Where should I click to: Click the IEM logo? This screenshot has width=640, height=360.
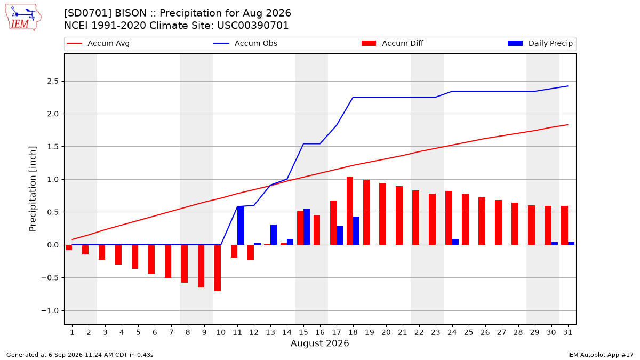coord(23,17)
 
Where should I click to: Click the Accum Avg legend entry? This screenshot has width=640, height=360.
coord(98,43)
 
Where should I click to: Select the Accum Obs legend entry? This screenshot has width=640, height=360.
coord(245,43)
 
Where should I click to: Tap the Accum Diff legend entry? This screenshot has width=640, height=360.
coord(393,43)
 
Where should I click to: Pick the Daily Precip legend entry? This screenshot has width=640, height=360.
coord(540,43)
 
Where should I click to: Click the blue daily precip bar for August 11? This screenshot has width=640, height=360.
coord(241,226)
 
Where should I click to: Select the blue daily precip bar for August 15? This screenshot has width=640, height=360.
coord(307,227)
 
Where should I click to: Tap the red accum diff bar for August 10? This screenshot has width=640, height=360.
coord(218,268)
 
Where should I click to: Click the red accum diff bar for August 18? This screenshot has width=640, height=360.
coord(350,211)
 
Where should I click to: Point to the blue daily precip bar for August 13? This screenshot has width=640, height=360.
coord(274,235)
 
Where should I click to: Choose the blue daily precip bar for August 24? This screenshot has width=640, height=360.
coord(455,242)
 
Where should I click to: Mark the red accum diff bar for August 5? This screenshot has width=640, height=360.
coord(135,257)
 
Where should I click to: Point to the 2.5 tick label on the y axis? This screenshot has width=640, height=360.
coord(53,82)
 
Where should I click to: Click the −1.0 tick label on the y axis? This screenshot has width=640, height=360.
coord(50,310)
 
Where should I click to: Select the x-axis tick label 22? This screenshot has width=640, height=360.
coord(419,332)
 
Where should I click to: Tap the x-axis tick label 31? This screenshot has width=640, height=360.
coord(567,332)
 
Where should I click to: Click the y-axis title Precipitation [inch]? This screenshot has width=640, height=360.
coord(33,189)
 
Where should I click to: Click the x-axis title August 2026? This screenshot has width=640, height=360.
coord(319,343)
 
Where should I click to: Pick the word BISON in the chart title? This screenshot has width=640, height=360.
coord(131,13)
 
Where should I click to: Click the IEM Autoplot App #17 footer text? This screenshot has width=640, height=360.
coord(601,355)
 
